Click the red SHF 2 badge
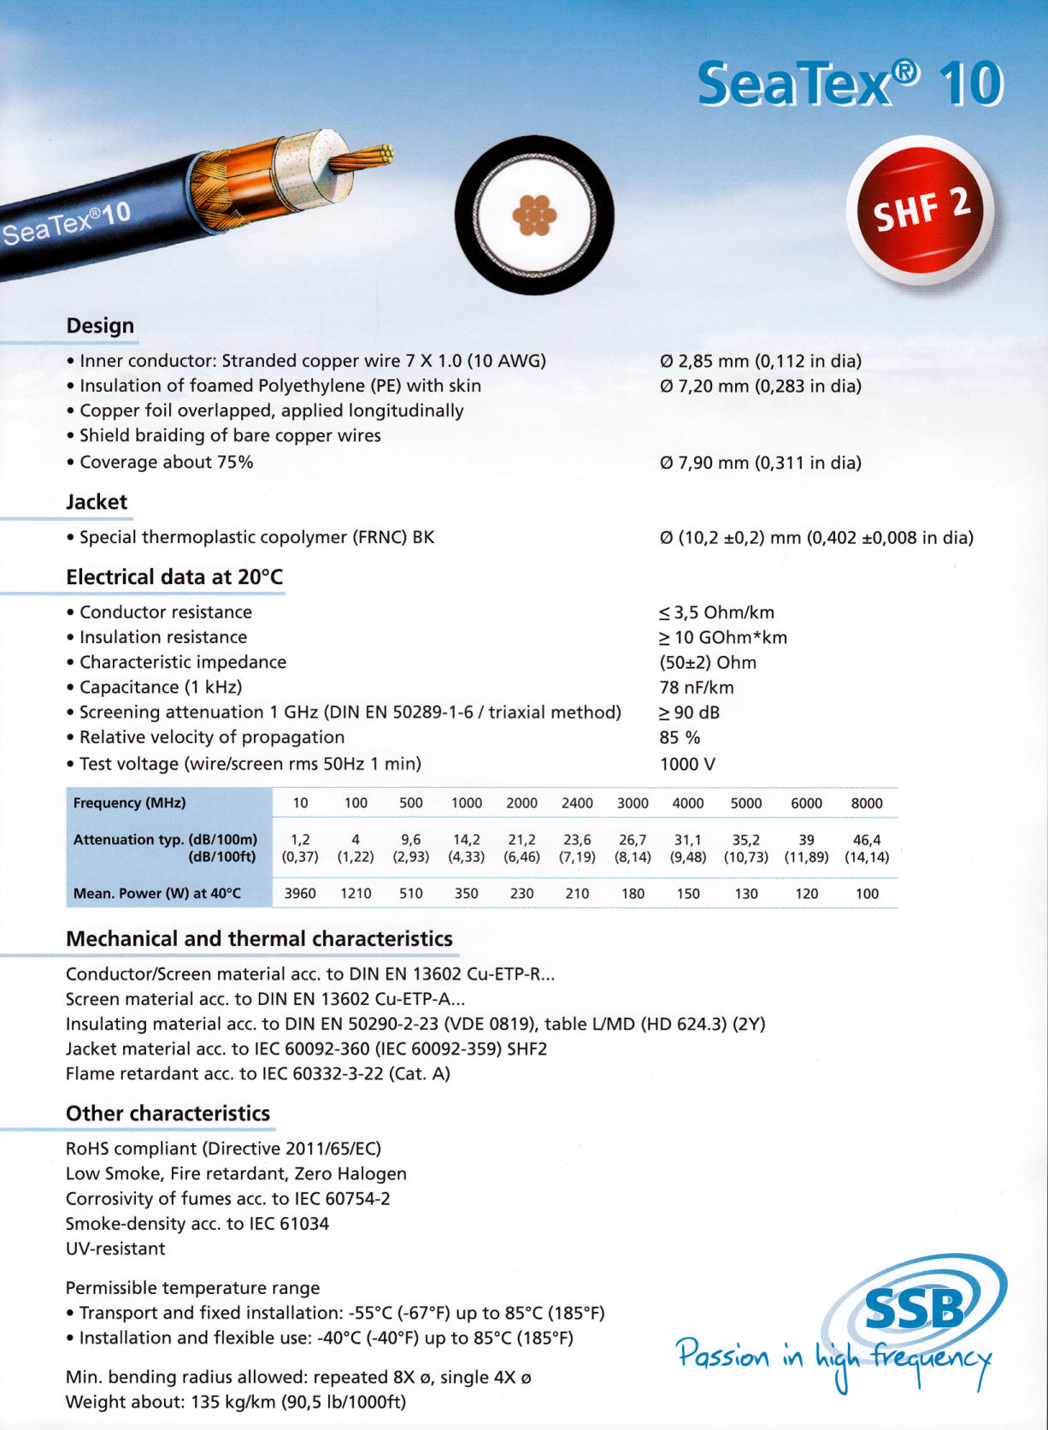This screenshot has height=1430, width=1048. [921, 210]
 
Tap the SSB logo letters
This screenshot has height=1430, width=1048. [914, 1309]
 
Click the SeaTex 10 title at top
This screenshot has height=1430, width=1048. [850, 84]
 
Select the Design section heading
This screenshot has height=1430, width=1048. [100, 326]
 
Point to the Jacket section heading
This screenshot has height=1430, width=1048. [97, 502]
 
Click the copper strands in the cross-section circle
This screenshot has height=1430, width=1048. [534, 215]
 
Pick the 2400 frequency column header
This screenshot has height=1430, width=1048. [577, 803]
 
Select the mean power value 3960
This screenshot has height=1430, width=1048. [300, 893]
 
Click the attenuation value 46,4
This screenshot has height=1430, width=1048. [867, 840]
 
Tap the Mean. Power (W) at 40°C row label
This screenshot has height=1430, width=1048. [157, 893]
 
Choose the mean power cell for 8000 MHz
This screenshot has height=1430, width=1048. [867, 893]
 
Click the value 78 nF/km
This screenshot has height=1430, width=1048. [697, 688]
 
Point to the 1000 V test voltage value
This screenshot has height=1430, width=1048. [687, 764]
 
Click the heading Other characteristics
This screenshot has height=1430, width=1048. [168, 1114]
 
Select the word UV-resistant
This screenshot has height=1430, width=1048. [115, 1249]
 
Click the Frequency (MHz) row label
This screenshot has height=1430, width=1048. [129, 803]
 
